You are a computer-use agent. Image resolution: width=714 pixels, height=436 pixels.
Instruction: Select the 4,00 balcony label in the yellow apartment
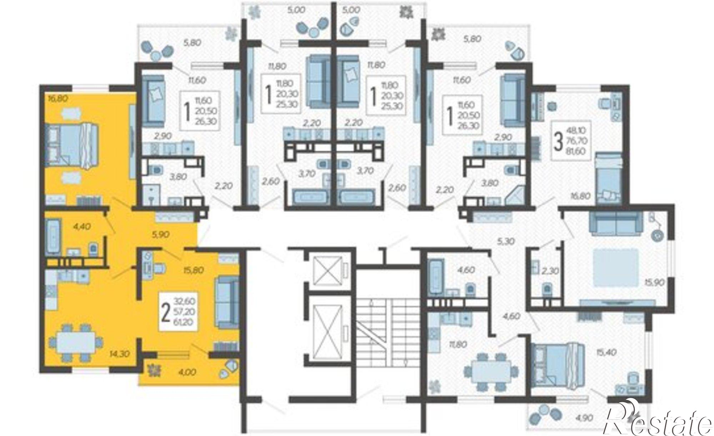[186, 372]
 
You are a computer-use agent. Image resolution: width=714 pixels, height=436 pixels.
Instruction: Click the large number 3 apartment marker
[558, 141]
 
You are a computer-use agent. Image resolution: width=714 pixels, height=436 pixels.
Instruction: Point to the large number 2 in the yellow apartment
[165, 313]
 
